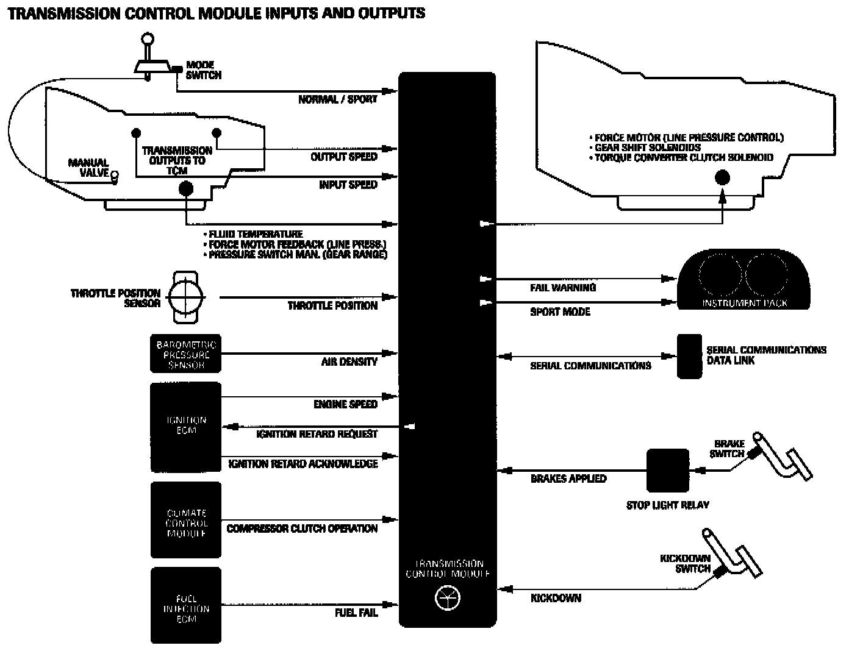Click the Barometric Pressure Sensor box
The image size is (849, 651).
[185, 354]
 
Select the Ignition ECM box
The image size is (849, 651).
[185, 427]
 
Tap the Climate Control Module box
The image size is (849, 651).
[185, 521]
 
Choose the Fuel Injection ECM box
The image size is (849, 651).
[185, 605]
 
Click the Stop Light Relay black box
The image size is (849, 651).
[667, 471]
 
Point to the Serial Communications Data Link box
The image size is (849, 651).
[689, 356]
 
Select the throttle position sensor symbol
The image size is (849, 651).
[187, 297]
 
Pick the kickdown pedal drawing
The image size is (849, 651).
[735, 555]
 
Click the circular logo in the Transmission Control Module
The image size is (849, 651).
[447, 599]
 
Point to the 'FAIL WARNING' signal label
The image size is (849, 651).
[562, 288]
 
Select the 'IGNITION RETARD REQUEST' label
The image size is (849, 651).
[317, 434]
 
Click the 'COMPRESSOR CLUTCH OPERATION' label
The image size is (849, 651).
[302, 528]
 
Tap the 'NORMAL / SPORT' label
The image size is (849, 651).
[337, 99]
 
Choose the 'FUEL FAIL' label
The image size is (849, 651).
[356, 613]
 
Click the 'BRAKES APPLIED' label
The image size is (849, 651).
[568, 478]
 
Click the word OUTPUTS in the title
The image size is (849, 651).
[384, 13]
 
